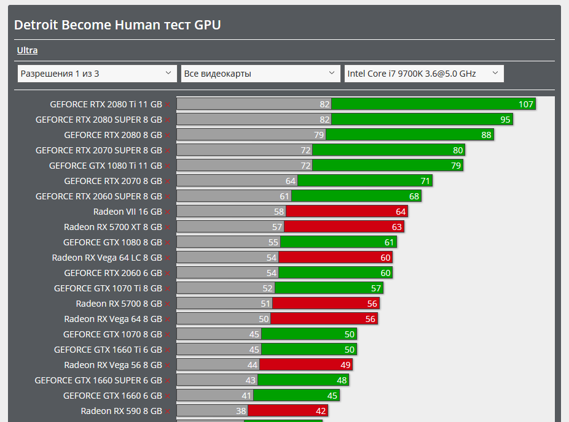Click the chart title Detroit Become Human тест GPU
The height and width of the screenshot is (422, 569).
(117, 25)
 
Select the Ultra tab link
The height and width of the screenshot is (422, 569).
(27, 50)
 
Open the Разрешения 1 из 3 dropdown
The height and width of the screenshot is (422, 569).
(96, 74)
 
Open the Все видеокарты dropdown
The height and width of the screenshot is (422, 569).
(260, 74)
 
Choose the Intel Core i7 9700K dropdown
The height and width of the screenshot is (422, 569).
(423, 74)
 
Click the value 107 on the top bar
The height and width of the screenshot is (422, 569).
(526, 104)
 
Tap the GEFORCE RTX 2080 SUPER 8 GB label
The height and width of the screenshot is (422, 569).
(99, 120)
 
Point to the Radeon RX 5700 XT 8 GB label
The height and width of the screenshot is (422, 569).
(113, 227)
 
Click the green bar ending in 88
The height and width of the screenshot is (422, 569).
(409, 135)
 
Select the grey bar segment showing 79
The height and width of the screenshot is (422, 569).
(251, 135)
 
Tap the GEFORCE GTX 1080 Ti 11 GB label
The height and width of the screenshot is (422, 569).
(106, 166)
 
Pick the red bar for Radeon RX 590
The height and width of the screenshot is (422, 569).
(287, 411)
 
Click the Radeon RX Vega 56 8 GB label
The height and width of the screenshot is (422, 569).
(113, 365)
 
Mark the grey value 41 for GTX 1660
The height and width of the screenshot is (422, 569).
(246, 396)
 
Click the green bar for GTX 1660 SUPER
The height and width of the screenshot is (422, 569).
(304, 380)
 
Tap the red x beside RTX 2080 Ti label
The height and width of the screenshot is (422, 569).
(167, 105)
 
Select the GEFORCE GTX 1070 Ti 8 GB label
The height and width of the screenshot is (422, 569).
(108, 288)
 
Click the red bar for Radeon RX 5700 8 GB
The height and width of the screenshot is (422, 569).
(326, 304)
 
